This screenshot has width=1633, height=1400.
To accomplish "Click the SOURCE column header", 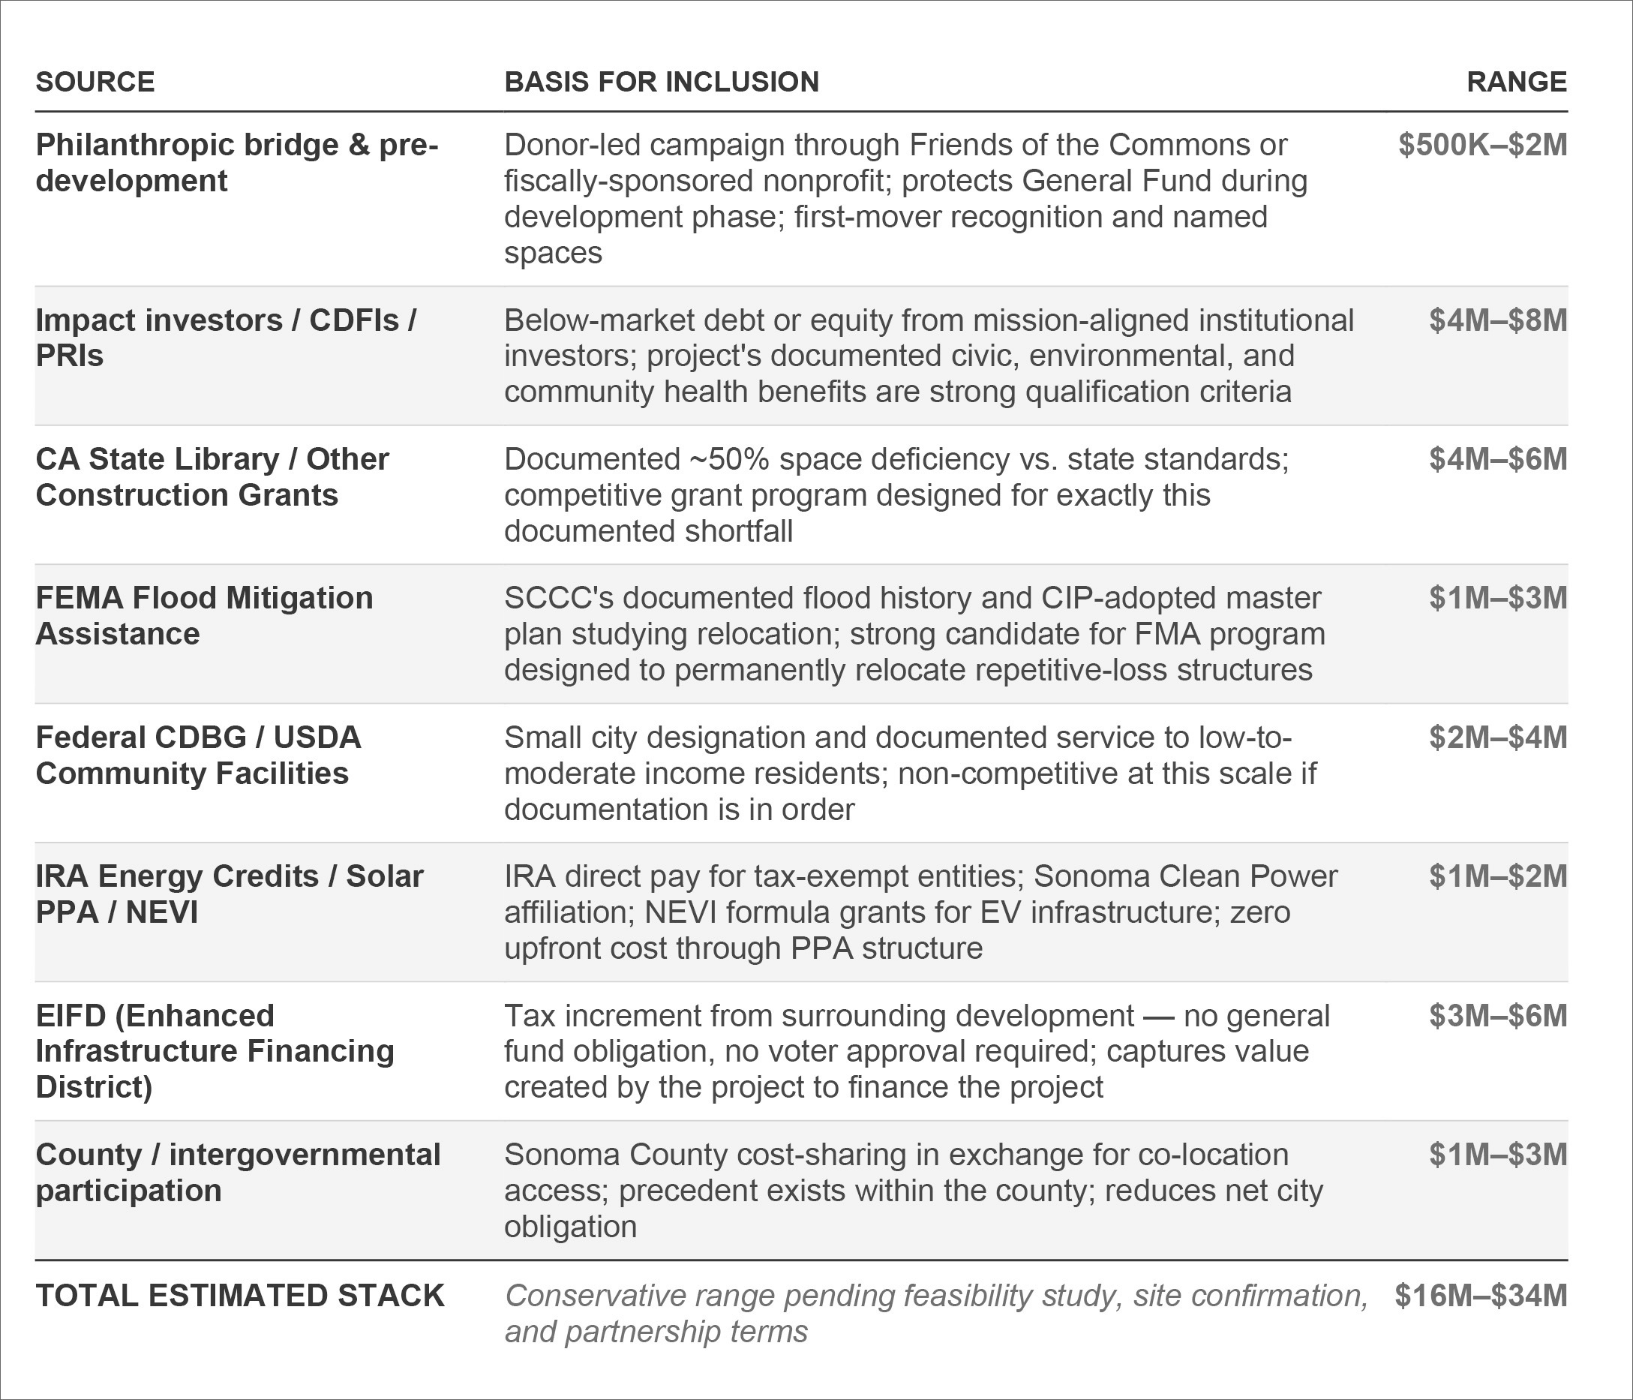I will coord(95,82).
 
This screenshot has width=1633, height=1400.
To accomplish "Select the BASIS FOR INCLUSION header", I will coord(662,82).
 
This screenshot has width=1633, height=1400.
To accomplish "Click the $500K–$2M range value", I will coord(1482,145).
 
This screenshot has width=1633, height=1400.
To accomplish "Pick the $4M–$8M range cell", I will coord(1497,320).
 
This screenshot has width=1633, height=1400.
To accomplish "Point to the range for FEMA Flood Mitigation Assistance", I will coord(1497,597).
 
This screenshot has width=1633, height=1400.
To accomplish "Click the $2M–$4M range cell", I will coord(1497,737).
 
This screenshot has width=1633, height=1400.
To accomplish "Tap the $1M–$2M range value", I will coord(1497,876).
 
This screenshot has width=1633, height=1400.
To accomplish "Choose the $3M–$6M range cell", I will coord(1497,1015).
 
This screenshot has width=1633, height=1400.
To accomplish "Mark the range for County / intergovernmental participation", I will coord(1497,1154).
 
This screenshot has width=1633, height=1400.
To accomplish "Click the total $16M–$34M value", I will coord(1480,1295).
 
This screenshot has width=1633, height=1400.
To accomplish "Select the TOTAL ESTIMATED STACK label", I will coord(239,1295).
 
